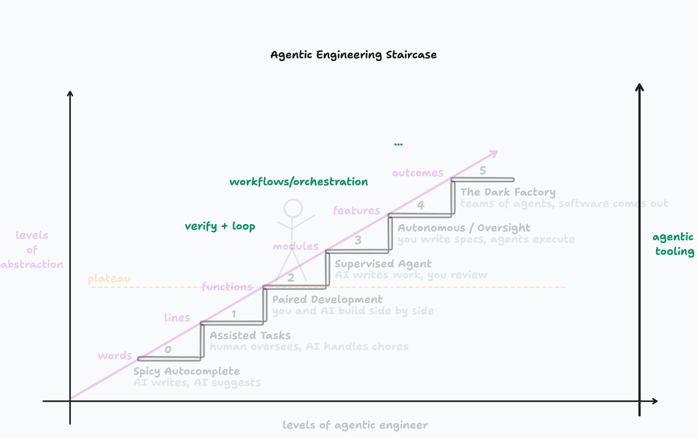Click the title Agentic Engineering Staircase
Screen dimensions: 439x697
click(x=353, y=55)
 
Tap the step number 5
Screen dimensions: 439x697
click(x=483, y=171)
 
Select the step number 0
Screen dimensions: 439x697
click(x=168, y=349)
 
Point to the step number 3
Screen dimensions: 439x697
click(x=358, y=240)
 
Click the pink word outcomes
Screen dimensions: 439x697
click(x=417, y=173)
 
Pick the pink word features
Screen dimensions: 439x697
click(x=357, y=211)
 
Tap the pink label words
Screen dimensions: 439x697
click(x=115, y=356)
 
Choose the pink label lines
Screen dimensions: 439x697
click(x=177, y=318)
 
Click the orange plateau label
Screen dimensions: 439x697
click(x=109, y=279)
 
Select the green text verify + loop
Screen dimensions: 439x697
click(x=220, y=226)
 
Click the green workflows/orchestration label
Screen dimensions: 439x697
click(x=299, y=182)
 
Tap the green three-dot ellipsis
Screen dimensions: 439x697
click(x=398, y=145)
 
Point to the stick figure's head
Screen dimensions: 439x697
click(x=293, y=208)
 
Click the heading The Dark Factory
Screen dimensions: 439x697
click(x=508, y=192)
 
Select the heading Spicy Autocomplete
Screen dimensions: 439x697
click(x=186, y=371)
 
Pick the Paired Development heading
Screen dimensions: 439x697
click(x=327, y=300)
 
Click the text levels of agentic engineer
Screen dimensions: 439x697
click(x=355, y=425)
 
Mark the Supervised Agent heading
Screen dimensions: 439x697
click(x=383, y=264)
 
